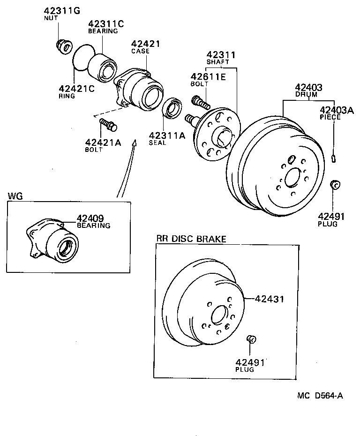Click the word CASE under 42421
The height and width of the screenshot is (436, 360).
[x=140, y=51]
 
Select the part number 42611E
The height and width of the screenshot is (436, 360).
[x=208, y=77]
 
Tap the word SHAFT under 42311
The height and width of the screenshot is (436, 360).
[x=217, y=62]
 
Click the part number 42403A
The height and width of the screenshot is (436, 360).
[x=337, y=110]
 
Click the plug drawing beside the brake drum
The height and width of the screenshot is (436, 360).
[x=335, y=184]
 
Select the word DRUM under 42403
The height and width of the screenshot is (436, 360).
[x=306, y=94]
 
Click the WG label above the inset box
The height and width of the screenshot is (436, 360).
[x=14, y=195]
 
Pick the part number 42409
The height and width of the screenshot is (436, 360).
[x=90, y=218]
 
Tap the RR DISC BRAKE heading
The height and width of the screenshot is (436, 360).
[x=191, y=239]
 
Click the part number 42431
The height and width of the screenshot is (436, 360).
[x=270, y=298]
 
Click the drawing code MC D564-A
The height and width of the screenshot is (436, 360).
[x=320, y=395]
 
